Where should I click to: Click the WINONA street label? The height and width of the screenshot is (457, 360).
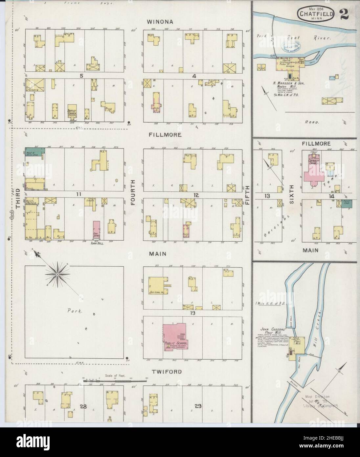point(160,22)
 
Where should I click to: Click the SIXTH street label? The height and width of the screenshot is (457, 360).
point(291,195)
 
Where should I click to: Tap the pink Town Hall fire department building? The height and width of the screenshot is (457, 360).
point(97,229)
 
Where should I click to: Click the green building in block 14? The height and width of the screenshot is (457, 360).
point(348,203)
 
